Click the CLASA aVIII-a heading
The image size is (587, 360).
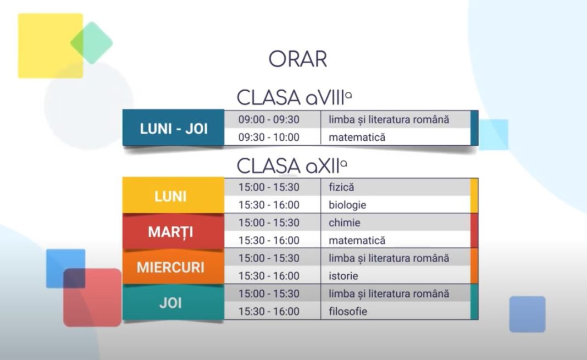pos(294,97)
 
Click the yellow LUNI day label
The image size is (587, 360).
pos(171,196)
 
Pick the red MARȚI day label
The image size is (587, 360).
pos(170,232)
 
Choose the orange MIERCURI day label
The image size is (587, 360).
pos(170,268)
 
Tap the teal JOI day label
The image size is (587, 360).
pos(170,303)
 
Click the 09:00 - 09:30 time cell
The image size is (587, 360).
pos(269,119)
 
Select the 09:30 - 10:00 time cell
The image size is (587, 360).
pos(269,137)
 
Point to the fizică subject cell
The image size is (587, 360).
pos(341,187)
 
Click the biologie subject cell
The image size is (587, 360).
pos(347,205)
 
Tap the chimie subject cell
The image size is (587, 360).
pos(344,223)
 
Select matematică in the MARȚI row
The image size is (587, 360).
pos(357,241)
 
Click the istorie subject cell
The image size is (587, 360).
pos(343,276)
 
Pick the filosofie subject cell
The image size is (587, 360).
pos(348,312)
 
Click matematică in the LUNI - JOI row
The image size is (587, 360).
pos(357,137)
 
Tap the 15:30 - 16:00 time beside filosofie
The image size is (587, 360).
pos(269,312)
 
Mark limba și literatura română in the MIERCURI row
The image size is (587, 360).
pos(389,258)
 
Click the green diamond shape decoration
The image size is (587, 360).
pos(91,42)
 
